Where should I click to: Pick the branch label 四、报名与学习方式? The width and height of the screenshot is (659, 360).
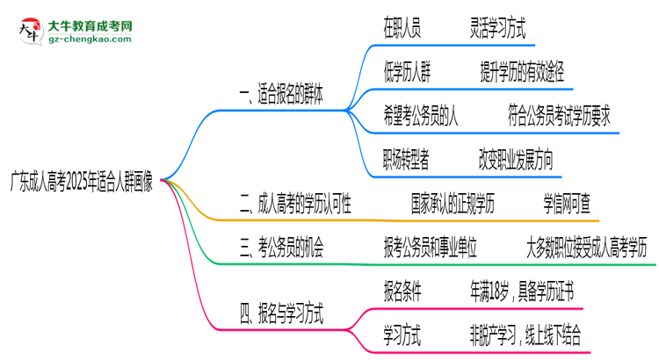(x=281, y=312)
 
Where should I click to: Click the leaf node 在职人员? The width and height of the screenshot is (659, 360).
(x=402, y=29)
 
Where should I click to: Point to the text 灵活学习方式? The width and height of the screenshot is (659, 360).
(x=497, y=29)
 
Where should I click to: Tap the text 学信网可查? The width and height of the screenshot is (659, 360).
(x=571, y=206)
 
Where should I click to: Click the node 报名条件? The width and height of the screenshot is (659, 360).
(x=407, y=291)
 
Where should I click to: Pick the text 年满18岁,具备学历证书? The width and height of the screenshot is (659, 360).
(x=523, y=291)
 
